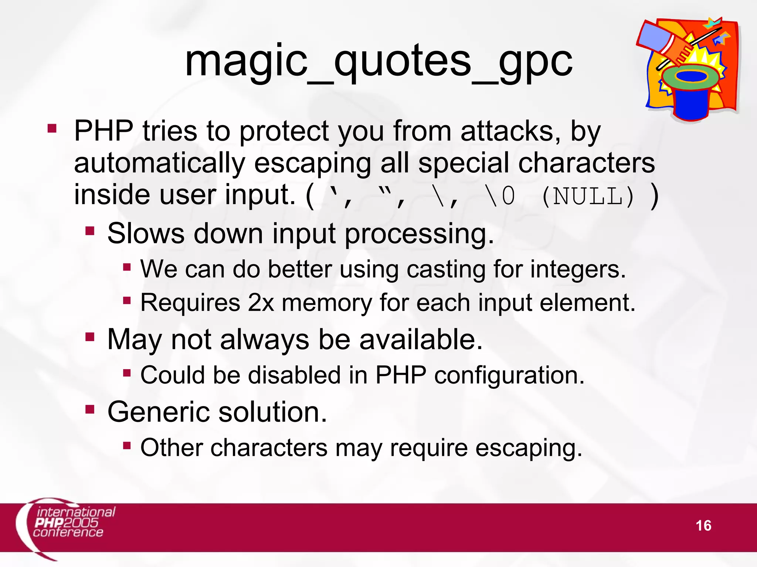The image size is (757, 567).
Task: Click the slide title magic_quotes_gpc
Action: pyautogui.click(x=378, y=61)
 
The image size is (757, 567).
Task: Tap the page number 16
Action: pyautogui.click(x=703, y=526)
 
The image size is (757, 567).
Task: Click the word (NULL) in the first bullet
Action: pyautogui.click(x=588, y=197)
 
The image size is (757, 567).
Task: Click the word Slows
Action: pyautogui.click(x=146, y=234)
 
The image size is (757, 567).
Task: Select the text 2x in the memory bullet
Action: pyautogui.click(x=261, y=303)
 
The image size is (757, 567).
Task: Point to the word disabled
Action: pyautogui.click(x=294, y=375)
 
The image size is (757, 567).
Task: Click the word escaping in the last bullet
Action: pyautogui.click(x=529, y=449)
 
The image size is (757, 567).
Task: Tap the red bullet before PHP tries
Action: pyautogui.click(x=52, y=128)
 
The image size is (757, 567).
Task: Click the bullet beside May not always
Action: pyautogui.click(x=90, y=337)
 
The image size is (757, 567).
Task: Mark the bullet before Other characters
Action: pyautogui.click(x=127, y=445)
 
